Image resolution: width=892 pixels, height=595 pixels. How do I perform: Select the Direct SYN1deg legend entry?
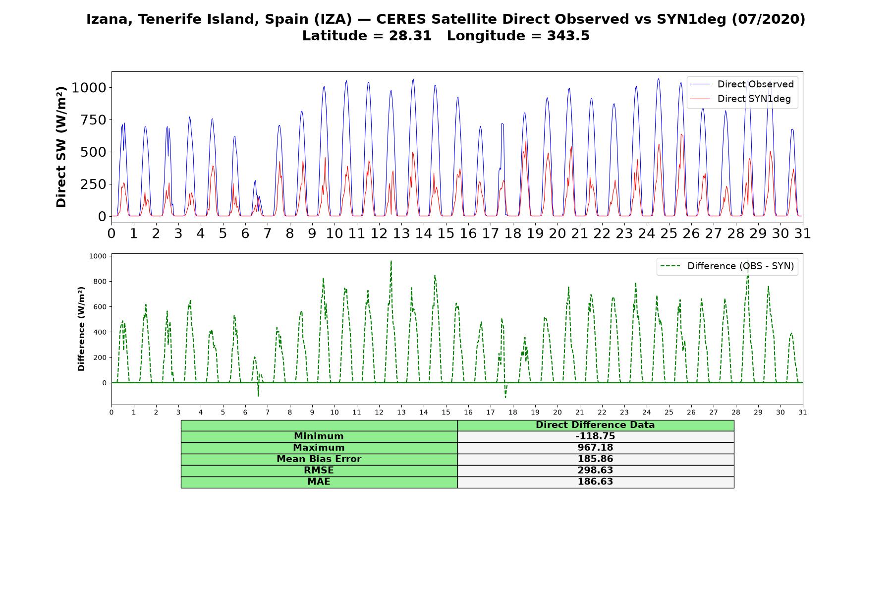click(x=740, y=99)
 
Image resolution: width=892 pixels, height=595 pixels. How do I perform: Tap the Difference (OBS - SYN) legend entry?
click(x=727, y=266)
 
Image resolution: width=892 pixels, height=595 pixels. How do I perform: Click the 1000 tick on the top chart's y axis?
click(x=89, y=88)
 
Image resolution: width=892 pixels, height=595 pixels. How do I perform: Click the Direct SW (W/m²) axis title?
click(x=61, y=147)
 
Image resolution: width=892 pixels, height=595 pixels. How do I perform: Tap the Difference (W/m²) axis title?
click(x=81, y=329)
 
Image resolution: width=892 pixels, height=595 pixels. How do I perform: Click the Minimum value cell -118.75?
click(x=595, y=436)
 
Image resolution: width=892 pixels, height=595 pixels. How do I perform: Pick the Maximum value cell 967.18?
click(x=595, y=448)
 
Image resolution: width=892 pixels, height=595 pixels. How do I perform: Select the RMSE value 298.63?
click(x=595, y=471)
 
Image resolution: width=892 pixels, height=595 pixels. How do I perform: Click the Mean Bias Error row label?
click(x=319, y=459)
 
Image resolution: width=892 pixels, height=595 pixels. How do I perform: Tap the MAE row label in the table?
click(x=319, y=482)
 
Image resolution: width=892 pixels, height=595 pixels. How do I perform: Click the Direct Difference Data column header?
click(x=595, y=425)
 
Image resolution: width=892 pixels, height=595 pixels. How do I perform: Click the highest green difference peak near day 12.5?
click(x=391, y=261)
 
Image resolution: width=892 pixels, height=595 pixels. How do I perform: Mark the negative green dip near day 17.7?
click(x=505, y=397)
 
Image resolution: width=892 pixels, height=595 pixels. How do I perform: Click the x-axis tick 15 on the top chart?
click(x=446, y=233)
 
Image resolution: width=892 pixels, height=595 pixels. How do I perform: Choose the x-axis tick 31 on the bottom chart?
click(x=803, y=413)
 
